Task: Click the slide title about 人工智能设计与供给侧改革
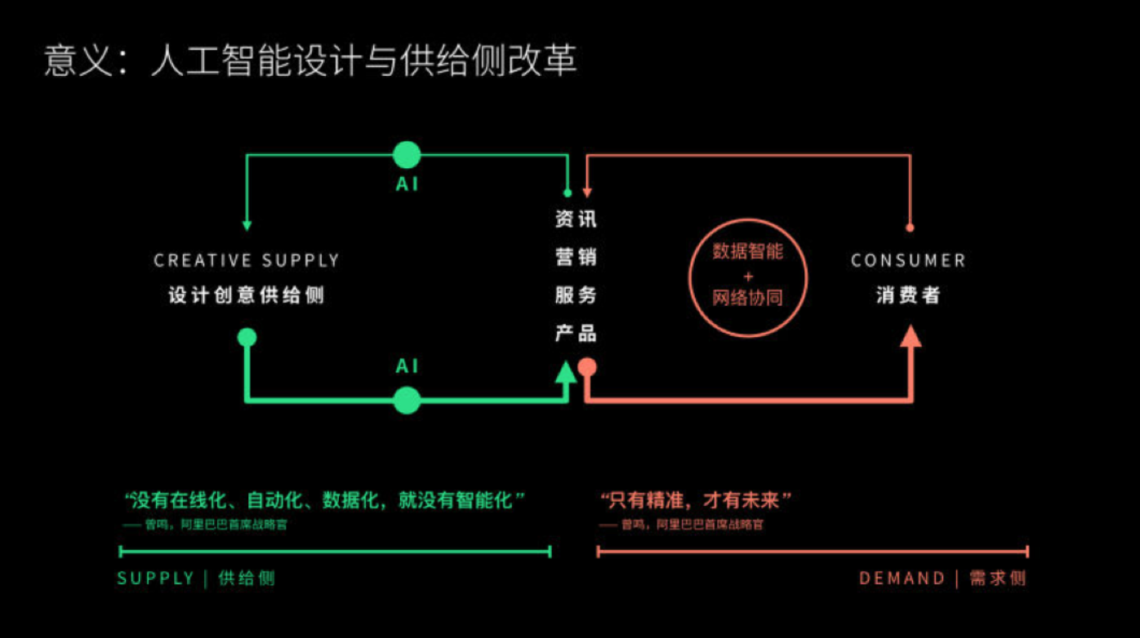tap(310, 62)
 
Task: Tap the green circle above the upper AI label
tap(407, 155)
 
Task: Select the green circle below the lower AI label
tap(407, 401)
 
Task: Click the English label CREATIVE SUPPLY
tap(247, 261)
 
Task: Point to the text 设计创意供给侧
tap(247, 295)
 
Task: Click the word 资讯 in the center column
tap(576, 219)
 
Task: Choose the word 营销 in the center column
tap(576, 258)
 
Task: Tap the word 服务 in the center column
tap(576, 295)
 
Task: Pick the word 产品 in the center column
tap(576, 333)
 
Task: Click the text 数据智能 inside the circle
tap(747, 251)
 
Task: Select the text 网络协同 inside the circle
tap(747, 298)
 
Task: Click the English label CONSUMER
tap(908, 261)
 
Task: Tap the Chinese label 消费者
tap(908, 295)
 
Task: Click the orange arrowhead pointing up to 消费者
tap(911, 336)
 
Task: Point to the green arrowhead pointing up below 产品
tap(565, 371)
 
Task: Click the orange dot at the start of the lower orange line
tap(586, 367)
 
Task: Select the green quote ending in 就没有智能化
tap(324, 499)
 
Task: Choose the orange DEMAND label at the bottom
tap(902, 578)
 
